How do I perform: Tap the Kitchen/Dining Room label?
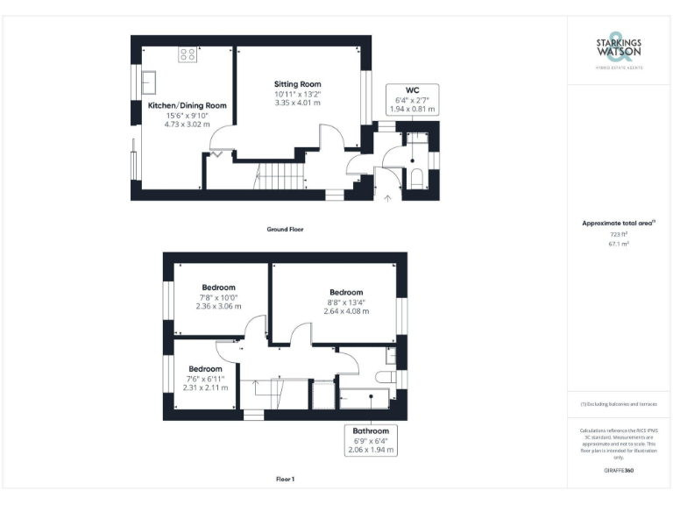187,115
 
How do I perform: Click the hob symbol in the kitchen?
188,55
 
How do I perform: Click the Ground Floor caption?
285,229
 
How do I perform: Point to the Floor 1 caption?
285,480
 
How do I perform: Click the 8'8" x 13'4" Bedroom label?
345,301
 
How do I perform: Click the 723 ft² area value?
619,235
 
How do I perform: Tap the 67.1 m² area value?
619,245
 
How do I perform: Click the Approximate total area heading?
619,224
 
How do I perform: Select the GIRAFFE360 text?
619,472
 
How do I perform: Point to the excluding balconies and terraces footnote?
619,404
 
